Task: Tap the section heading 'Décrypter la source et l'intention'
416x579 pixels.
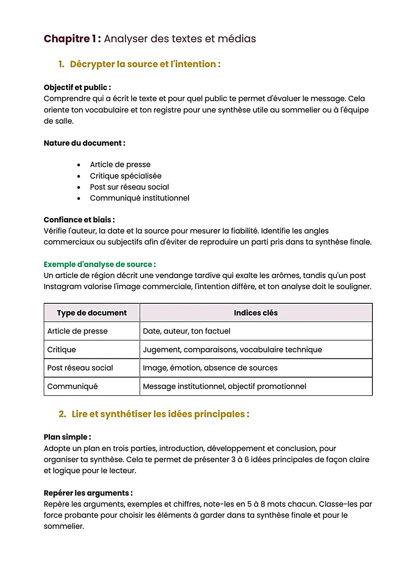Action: (x=145, y=64)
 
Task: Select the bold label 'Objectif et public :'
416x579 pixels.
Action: (x=77, y=87)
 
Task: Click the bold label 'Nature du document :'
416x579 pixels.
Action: (x=84, y=143)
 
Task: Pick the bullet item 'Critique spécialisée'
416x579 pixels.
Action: (x=125, y=176)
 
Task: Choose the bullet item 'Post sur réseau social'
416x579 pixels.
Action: (x=129, y=187)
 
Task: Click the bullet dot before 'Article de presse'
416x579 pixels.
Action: (x=79, y=165)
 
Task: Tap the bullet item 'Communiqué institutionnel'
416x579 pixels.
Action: (x=139, y=198)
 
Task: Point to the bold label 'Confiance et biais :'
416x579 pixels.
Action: (x=79, y=219)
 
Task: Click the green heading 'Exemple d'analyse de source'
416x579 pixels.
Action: (x=99, y=264)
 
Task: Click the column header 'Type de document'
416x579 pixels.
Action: (x=92, y=313)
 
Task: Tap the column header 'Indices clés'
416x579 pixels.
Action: (x=255, y=313)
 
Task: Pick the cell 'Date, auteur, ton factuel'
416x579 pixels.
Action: (x=187, y=331)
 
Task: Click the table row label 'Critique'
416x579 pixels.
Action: (x=61, y=349)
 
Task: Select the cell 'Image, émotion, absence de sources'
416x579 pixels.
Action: (x=210, y=368)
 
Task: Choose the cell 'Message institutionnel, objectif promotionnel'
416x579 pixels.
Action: (x=224, y=386)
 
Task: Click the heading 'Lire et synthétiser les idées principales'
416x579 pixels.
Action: (x=160, y=414)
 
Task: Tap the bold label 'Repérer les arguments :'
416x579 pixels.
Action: (x=88, y=493)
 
